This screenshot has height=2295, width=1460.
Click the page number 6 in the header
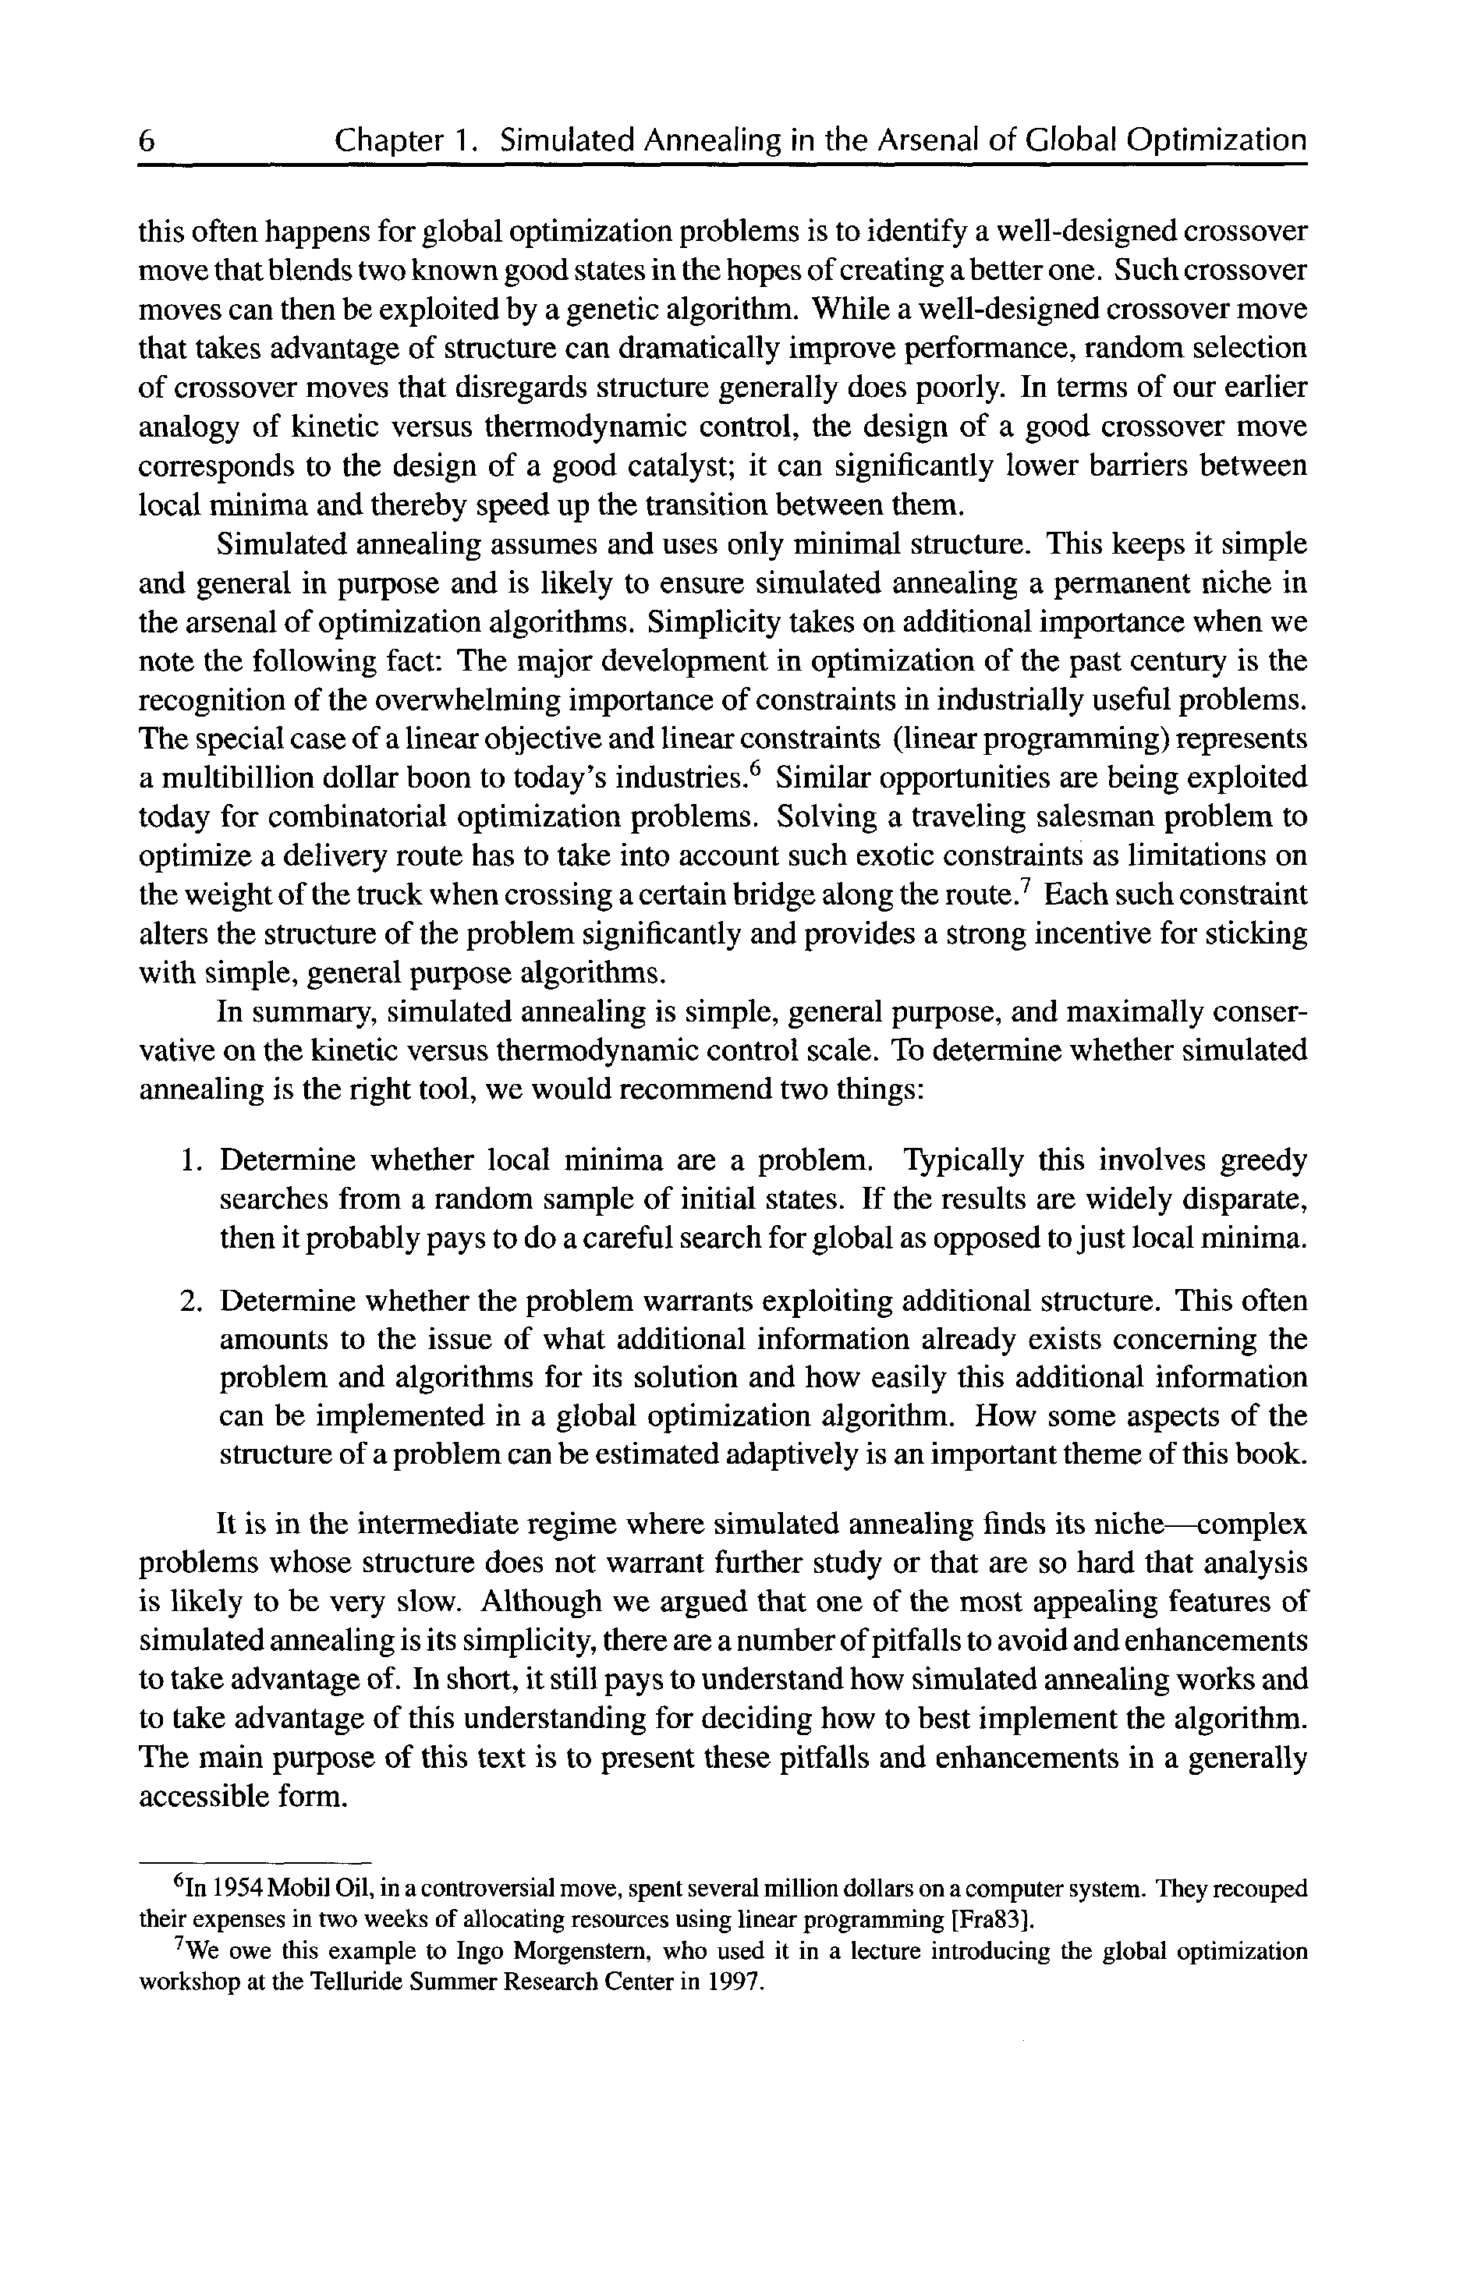coord(147,141)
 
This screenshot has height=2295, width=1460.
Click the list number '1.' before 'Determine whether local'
coord(190,1161)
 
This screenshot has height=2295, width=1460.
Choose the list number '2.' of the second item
coord(190,1301)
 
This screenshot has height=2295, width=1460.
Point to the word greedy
coord(1263,1161)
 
